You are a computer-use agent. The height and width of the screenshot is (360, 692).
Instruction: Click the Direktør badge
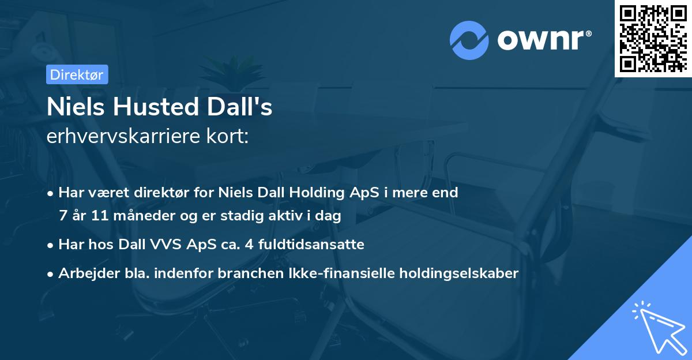tap(77, 74)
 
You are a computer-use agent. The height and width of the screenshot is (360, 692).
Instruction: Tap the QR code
tap(653, 39)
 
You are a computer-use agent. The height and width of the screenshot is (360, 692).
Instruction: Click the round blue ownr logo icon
tap(469, 40)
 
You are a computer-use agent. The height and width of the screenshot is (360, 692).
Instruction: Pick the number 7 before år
tap(63, 216)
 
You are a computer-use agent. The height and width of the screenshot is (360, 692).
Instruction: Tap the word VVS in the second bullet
tap(168, 245)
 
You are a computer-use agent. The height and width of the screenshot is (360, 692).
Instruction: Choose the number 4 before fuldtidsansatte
tap(249, 245)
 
